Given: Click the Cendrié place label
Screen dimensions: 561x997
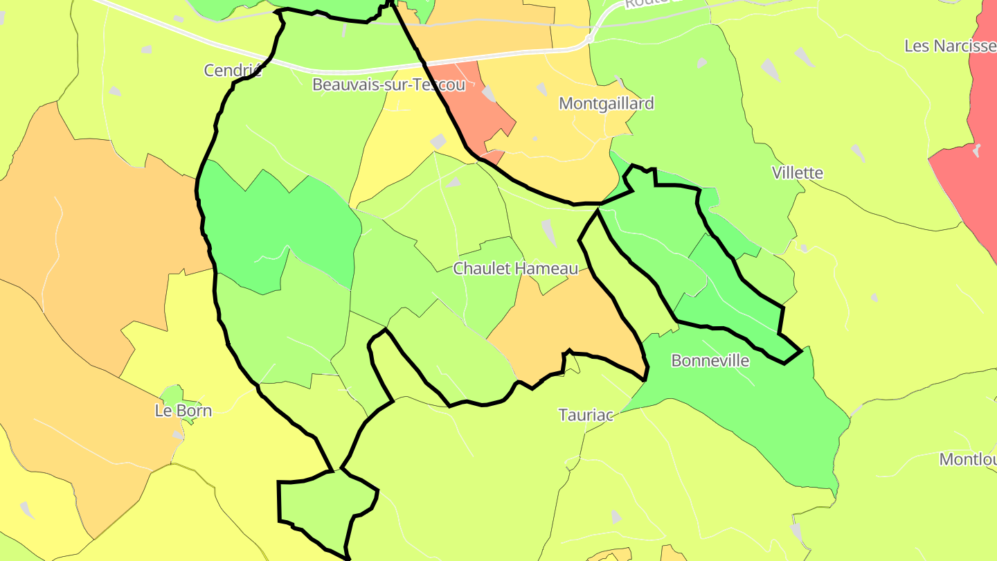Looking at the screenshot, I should click(x=233, y=70).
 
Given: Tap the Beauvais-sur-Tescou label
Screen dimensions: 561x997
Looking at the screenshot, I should click(x=388, y=85).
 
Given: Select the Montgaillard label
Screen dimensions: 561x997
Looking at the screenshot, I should click(x=606, y=104).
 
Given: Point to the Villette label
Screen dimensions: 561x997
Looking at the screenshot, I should click(x=798, y=172).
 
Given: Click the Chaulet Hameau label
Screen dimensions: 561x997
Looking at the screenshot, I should click(x=515, y=269).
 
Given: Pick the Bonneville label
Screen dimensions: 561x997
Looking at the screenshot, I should click(x=710, y=361).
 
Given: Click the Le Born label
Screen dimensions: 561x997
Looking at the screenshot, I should click(x=183, y=411).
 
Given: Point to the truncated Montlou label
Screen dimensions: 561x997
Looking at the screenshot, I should click(x=967, y=459).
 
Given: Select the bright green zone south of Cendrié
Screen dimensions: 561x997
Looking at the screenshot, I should click(x=277, y=222).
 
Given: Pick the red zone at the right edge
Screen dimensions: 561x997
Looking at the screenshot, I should click(x=969, y=173).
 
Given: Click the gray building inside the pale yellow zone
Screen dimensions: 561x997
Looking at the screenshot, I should click(x=438, y=141).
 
